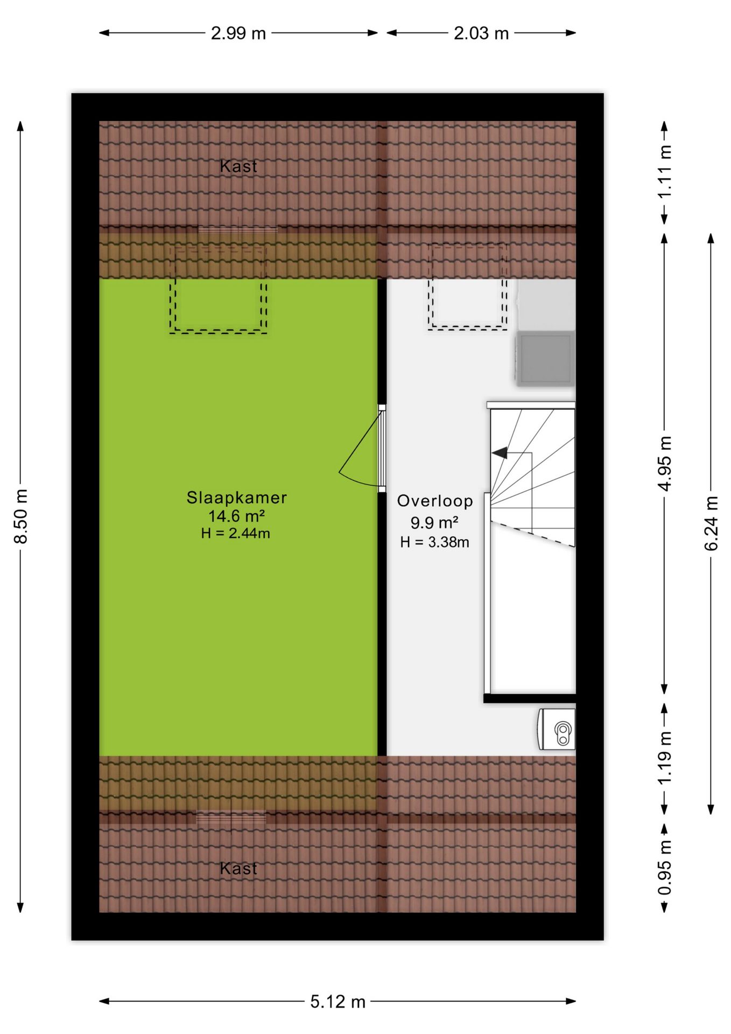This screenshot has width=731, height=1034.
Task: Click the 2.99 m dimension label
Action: click(x=238, y=33)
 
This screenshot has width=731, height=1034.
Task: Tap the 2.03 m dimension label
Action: click(x=481, y=33)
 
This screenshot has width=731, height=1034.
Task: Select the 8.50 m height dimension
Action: click(x=20, y=516)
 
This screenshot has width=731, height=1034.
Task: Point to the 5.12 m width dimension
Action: click(x=338, y=1002)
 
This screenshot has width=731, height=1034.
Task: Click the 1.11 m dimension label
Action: click(x=665, y=172)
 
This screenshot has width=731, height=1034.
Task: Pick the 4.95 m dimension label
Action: click(x=665, y=464)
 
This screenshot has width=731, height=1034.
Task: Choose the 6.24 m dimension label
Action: click(x=711, y=523)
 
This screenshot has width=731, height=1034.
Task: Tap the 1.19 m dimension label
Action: click(x=665, y=758)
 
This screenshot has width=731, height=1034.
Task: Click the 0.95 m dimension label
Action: click(x=665, y=868)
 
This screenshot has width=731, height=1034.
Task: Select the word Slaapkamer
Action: click(x=237, y=498)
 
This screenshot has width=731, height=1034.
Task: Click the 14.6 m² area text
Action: click(x=237, y=516)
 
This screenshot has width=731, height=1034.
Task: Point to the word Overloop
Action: click(x=435, y=501)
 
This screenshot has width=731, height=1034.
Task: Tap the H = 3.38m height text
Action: click(x=434, y=542)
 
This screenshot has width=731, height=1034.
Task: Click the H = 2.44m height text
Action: click(x=235, y=534)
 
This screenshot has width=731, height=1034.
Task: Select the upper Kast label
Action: click(x=238, y=166)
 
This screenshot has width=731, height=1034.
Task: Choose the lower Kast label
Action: click(x=238, y=869)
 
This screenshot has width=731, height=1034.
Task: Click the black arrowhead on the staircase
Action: click(x=500, y=453)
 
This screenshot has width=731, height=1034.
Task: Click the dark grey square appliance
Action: click(x=545, y=358)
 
